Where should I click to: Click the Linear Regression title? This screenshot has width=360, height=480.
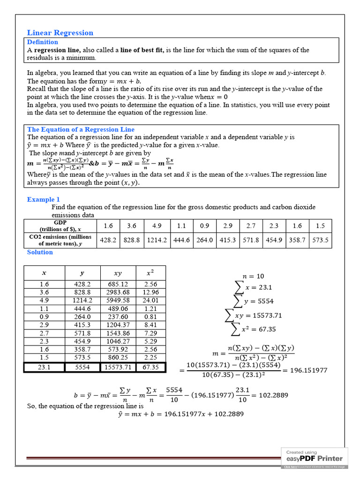pyautogui.click(x=60, y=33)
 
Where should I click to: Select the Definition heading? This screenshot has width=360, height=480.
pyautogui.click(x=43, y=42)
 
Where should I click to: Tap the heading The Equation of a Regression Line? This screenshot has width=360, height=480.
pyautogui.click(x=81, y=129)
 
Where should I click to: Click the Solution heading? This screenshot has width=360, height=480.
pyautogui.click(x=40, y=252)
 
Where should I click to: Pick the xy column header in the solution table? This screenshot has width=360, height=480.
pyautogui.click(x=118, y=272)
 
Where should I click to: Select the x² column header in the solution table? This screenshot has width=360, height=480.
pyautogui.click(x=150, y=272)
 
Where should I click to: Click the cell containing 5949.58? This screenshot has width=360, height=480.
pyautogui.click(x=118, y=300)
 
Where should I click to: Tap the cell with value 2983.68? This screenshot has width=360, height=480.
pyautogui.click(x=118, y=292)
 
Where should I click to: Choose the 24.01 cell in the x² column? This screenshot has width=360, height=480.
pyautogui.click(x=150, y=300)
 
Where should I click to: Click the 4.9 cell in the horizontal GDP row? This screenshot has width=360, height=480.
pyautogui.click(x=157, y=225)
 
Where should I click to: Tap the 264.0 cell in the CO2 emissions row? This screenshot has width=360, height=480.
pyautogui.click(x=204, y=240)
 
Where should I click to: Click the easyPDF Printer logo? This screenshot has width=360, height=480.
pyautogui.click(x=315, y=458)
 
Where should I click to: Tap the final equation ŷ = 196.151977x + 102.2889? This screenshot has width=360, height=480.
pyautogui.click(x=180, y=414)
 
